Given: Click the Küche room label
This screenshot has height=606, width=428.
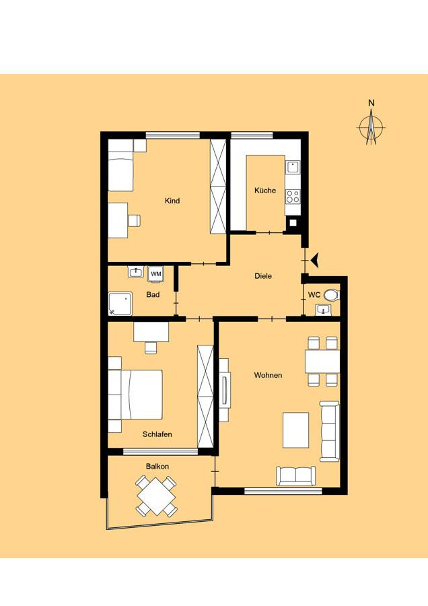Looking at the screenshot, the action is point(265,190).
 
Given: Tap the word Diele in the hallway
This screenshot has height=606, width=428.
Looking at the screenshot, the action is point(263,276).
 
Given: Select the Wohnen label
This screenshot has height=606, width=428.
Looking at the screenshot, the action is point(268,375).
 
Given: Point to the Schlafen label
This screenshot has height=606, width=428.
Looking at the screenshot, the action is point(157,434).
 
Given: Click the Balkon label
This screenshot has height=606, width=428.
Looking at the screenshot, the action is point(157,466).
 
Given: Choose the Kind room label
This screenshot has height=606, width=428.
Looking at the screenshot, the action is point(172,201).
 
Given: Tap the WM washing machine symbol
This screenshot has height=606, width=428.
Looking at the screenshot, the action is point(156,273).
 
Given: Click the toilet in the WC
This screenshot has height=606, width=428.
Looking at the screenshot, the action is point(331,296).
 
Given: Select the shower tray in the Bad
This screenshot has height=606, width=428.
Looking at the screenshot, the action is point(120,304).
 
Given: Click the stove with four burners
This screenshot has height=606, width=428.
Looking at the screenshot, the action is point(293,197).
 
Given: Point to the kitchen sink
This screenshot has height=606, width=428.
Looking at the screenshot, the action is point(293,167).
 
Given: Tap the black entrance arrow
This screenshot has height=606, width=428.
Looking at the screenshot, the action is point(314,260).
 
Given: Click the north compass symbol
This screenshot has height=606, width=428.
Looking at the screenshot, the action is point(371,127).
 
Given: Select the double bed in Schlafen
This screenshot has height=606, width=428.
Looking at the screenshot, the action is point(141,394).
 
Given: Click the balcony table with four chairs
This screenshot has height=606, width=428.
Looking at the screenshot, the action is point(156,497).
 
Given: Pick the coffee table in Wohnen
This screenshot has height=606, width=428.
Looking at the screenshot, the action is point(296,430).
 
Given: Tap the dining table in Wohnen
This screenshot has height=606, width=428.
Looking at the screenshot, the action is point(322,362).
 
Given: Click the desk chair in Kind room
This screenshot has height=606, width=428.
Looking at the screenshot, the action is point(134,220).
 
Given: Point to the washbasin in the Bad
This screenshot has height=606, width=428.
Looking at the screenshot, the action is point(135,272).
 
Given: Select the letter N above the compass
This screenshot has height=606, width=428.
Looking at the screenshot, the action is point(371,103).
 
